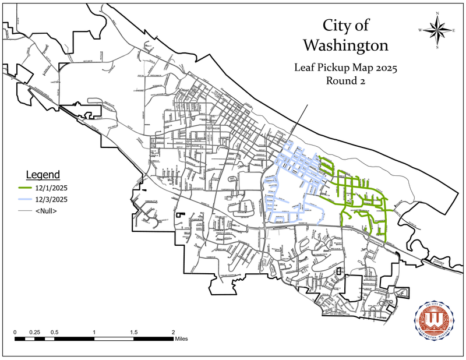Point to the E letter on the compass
point(454,30)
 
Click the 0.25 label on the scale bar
point(34,332)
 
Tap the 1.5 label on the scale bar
point(134,332)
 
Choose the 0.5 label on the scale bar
point(54,332)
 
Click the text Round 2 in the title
point(345,82)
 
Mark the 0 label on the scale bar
point(15,332)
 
